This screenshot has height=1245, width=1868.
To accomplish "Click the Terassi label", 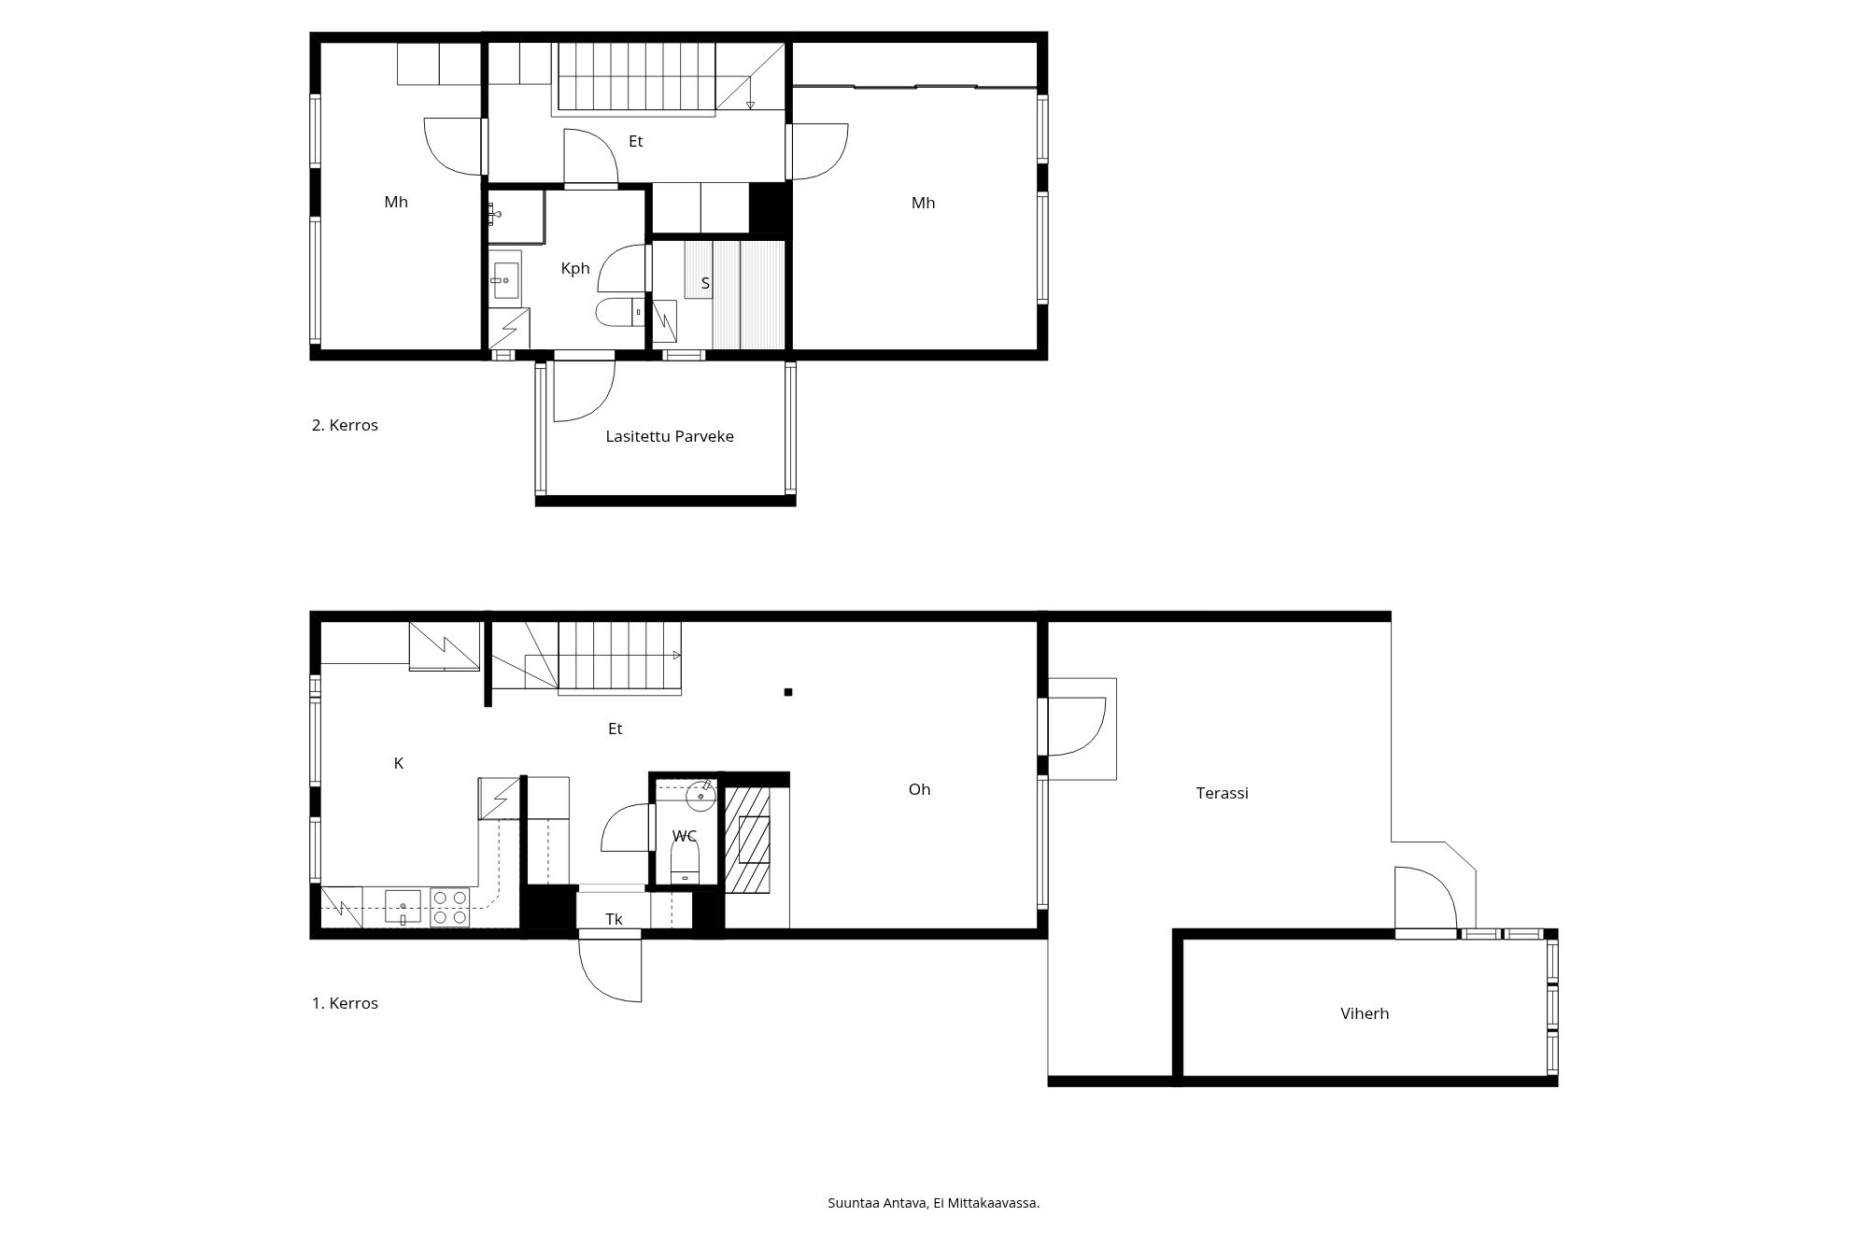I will click(1222, 793).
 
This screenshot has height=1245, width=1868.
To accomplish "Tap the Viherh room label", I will click(1365, 1013).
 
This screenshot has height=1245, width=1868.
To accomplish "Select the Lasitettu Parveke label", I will click(669, 436).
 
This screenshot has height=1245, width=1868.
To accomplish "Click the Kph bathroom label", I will click(575, 268).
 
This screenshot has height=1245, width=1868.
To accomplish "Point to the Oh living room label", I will click(919, 789).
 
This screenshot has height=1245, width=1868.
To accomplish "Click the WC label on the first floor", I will click(685, 836).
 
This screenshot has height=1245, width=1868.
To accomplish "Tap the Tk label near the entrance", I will click(614, 919).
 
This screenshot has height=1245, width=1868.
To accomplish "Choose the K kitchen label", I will click(398, 763).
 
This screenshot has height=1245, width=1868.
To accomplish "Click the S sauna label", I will click(705, 283).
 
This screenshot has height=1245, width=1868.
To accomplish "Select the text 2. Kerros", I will click(345, 425).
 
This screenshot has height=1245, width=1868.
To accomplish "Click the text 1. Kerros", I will click(345, 1003).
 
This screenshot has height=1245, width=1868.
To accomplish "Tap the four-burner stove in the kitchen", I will click(449, 908).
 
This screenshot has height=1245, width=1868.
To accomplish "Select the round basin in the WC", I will click(700, 796).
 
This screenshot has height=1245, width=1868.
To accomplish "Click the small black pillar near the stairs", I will click(788, 692).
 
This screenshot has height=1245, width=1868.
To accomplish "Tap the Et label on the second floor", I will click(635, 142).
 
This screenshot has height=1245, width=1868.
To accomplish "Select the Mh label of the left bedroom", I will click(396, 202).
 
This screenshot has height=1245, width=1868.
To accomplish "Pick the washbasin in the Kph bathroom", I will click(505, 279).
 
